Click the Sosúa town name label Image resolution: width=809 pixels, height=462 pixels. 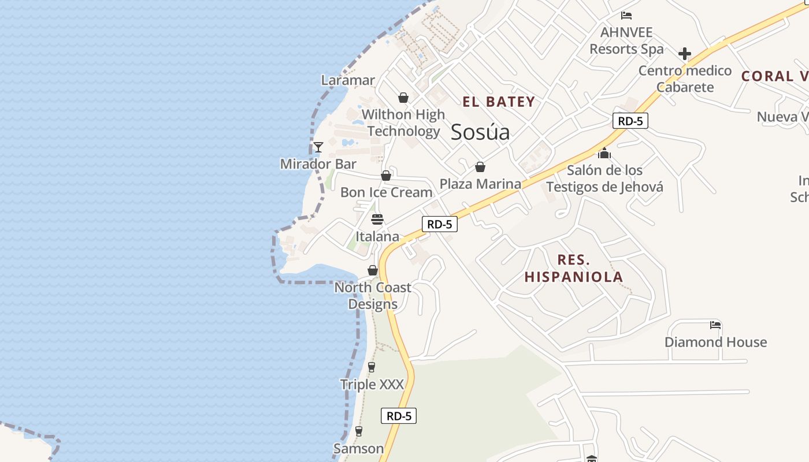[480, 132]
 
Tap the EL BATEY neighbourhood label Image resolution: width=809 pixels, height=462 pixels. [499, 102]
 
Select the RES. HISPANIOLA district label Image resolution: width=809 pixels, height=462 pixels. [574, 268]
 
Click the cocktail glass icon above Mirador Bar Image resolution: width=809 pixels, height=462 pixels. [318, 147]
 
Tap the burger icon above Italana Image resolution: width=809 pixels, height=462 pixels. [377, 219]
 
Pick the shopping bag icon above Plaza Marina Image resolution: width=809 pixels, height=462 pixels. [480, 167]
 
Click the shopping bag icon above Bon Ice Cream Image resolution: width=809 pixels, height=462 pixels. [386, 176]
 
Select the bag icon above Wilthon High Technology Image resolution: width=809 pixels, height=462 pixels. [403, 98]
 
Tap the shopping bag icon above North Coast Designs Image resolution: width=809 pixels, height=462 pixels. [373, 270]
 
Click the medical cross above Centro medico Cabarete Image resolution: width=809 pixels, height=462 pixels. [685, 54]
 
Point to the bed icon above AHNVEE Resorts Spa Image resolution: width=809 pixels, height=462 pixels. [626, 16]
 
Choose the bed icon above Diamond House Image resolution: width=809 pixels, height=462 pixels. [715, 325]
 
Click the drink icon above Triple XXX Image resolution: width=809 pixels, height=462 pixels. [372, 367]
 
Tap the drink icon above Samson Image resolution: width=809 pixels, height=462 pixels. [358, 431]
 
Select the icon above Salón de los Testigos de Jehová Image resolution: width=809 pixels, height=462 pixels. [604, 153]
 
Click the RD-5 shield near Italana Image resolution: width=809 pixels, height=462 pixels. [440, 224]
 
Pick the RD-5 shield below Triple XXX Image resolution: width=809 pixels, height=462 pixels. [399, 416]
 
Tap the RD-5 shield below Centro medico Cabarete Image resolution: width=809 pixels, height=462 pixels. [630, 121]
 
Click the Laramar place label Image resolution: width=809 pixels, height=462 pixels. [348, 80]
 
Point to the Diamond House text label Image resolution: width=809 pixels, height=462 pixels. [715, 342]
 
